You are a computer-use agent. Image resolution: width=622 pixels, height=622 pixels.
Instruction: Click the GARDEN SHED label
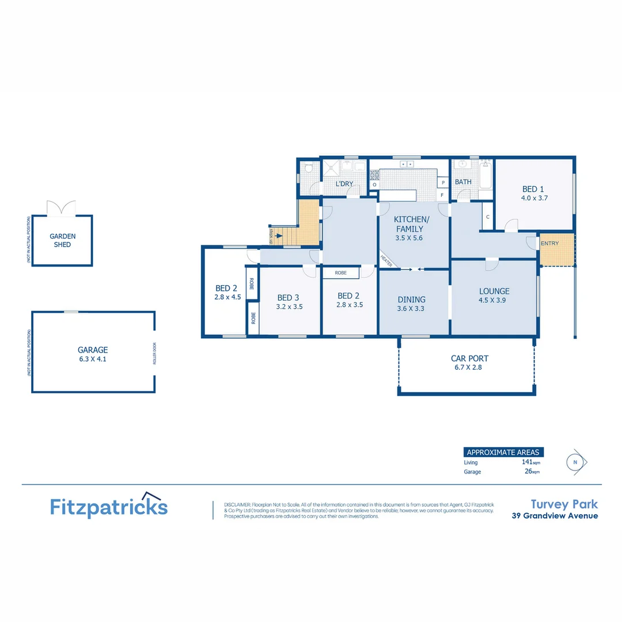pos(62,240)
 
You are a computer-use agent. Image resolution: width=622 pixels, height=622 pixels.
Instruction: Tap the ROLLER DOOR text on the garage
pos(154,352)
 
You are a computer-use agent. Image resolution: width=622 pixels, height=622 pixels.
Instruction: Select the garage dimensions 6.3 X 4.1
pos(93,359)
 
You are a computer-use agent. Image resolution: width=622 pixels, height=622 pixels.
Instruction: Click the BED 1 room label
pos(533,189)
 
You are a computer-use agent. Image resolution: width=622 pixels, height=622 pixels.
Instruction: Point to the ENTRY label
pos(549,244)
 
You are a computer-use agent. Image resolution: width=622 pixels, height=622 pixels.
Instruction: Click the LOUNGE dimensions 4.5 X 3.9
pos(494,300)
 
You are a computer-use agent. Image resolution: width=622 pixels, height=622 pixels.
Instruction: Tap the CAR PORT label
pos(469,358)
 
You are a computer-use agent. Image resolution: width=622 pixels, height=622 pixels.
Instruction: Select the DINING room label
pos(411,299)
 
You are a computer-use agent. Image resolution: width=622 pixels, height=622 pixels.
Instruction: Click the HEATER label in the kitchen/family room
pos(386,261)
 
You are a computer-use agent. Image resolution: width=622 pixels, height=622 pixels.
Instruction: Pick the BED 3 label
pos(288,298)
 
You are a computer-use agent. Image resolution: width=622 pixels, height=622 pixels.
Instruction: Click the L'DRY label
pos(344,184)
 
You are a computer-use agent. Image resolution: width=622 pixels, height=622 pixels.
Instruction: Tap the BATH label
pos(463,182)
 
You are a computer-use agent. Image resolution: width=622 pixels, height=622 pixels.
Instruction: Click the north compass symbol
pos(575,462)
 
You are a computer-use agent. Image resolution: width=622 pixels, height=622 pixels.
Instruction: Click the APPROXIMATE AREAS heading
pos(502,452)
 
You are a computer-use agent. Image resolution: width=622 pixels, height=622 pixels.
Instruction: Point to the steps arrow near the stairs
pos(279,235)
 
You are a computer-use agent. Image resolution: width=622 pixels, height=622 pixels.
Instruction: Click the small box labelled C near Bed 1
pos(487,217)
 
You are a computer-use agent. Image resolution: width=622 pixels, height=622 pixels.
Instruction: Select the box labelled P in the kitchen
pos(443,183)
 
